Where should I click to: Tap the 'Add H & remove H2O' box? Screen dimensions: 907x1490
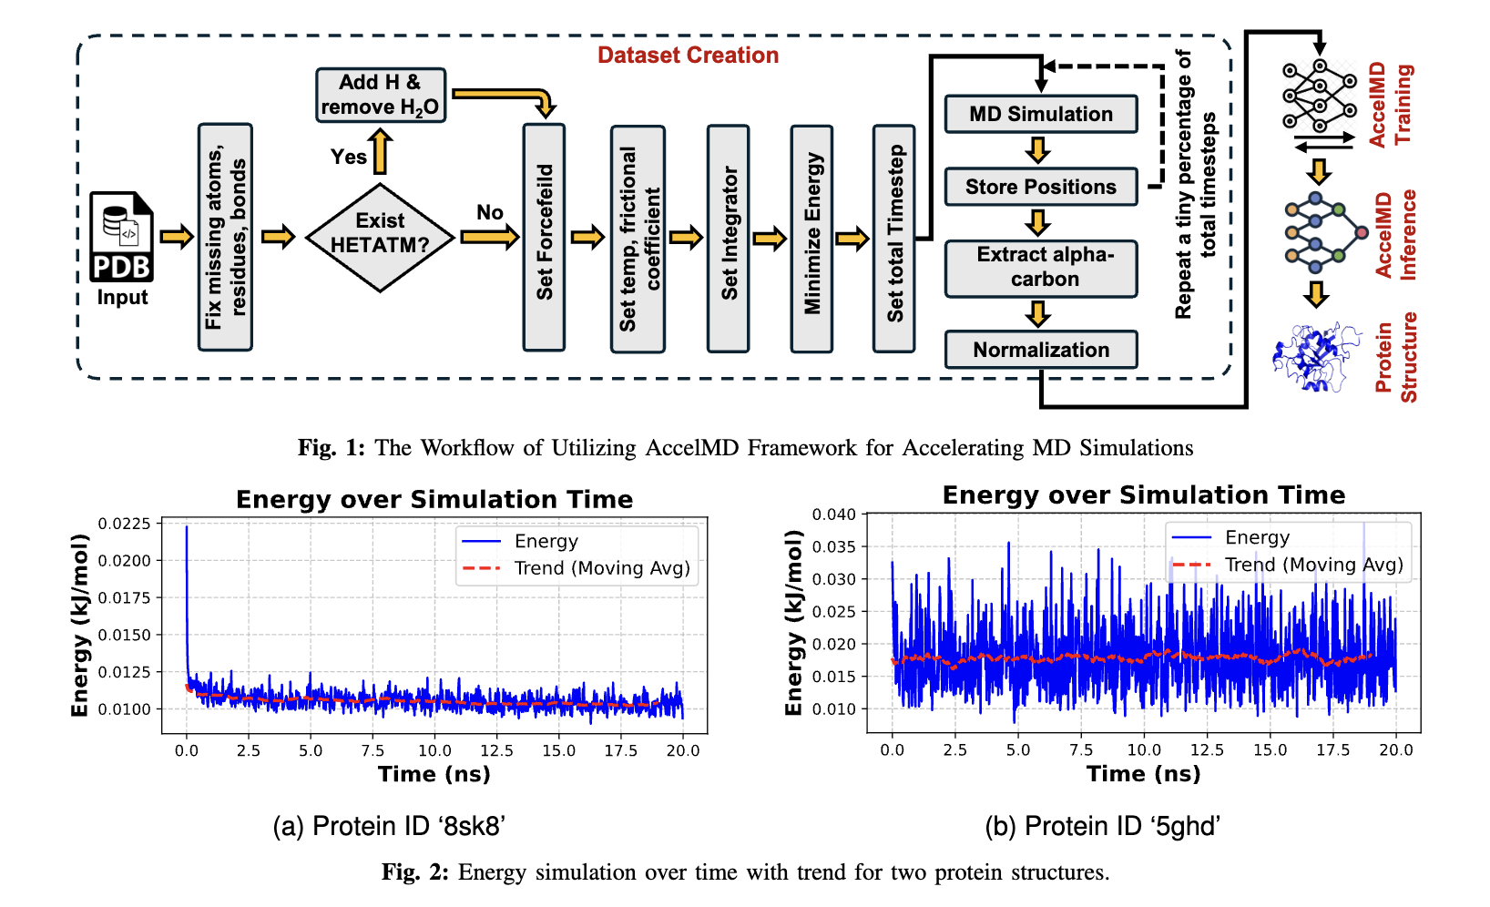381,95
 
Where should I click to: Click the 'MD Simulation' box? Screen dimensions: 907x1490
1041,114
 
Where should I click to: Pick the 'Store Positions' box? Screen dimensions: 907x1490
1041,187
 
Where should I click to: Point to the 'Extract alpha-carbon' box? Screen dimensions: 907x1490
1041,268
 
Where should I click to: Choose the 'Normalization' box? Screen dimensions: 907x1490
1041,350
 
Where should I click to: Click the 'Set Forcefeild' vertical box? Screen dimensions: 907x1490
544,237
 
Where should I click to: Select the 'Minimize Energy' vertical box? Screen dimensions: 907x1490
811,237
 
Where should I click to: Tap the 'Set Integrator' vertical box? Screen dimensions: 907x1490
729,237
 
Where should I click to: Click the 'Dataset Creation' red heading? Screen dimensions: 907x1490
688,56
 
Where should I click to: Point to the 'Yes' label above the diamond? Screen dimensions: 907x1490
348,157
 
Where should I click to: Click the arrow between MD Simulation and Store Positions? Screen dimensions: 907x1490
1037,149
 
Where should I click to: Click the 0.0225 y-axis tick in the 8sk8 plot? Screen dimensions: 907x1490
125,524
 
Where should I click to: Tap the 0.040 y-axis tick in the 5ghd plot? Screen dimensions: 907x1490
834,515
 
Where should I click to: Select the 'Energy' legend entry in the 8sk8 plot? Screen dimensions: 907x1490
546,542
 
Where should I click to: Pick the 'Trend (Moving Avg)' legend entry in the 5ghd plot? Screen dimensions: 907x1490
1313,565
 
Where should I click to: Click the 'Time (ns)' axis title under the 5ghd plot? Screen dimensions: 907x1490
1143,774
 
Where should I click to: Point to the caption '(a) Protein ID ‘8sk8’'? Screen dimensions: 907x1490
389,826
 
